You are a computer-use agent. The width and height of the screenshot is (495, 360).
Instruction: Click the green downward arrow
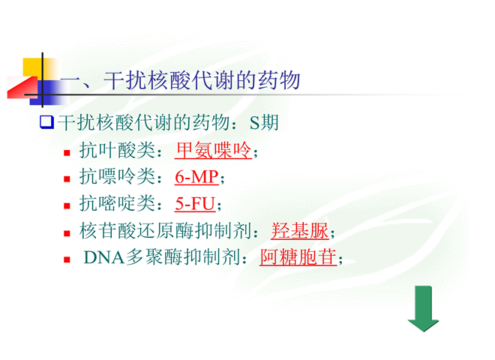pyautogui.click(x=423, y=308)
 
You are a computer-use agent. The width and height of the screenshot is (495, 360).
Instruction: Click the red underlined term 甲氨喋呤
pyautogui.click(x=214, y=150)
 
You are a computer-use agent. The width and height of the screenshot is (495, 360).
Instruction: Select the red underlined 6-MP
pyautogui.click(x=196, y=177)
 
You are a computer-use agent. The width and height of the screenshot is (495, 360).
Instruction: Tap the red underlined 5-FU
pyautogui.click(x=195, y=204)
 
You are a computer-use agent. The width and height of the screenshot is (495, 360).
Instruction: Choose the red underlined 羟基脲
pyautogui.click(x=300, y=231)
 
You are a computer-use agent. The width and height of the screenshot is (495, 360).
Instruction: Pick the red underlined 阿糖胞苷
pyautogui.click(x=298, y=257)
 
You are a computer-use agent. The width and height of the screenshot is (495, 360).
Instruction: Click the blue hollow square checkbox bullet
pyautogui.click(x=46, y=122)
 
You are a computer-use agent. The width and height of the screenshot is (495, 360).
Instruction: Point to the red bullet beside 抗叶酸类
pyautogui.click(x=67, y=153)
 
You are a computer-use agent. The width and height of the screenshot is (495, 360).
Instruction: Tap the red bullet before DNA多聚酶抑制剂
pyautogui.click(x=67, y=260)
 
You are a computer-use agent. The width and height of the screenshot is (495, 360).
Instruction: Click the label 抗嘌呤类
pyautogui.click(x=117, y=176)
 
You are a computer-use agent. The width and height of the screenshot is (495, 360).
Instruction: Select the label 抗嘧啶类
pyautogui.click(x=117, y=203)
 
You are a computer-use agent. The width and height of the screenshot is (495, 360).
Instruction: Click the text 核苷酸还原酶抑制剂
pyautogui.click(x=166, y=231)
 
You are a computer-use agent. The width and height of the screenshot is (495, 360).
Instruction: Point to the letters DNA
pyautogui.click(x=104, y=257)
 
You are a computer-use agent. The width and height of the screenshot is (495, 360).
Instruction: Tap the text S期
pyautogui.click(x=264, y=122)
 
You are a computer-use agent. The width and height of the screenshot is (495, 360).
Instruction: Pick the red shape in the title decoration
pyautogui.click(x=22, y=88)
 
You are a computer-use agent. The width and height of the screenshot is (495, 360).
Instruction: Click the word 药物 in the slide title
pyautogui.click(x=279, y=80)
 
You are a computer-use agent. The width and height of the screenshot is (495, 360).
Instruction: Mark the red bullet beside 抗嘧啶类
pyautogui.click(x=67, y=206)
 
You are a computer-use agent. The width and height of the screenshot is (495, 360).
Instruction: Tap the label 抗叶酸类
pyautogui.click(x=117, y=150)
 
